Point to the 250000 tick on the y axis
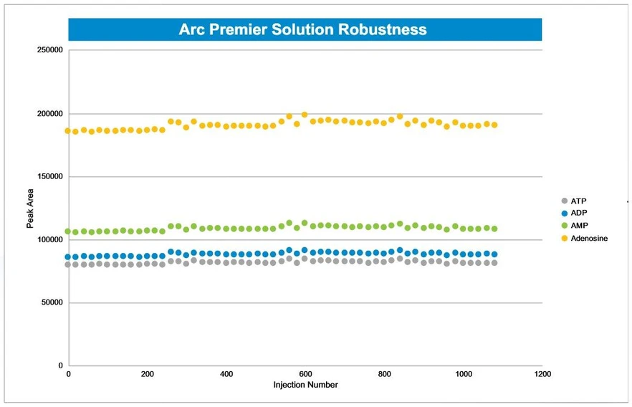[49, 50]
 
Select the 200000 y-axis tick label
[49, 114]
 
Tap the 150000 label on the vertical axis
[49, 177]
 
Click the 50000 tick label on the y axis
[51, 303]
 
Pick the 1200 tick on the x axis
[542, 375]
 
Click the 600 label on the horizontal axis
[305, 375]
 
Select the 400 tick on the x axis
[226, 375]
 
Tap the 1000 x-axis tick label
[464, 375]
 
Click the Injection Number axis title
[305, 385]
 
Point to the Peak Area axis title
[31, 209]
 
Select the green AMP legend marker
[565, 226]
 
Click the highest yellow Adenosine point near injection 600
[305, 115]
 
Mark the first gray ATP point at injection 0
[68, 264]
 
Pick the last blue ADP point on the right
[494, 254]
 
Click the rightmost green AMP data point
[494, 229]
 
